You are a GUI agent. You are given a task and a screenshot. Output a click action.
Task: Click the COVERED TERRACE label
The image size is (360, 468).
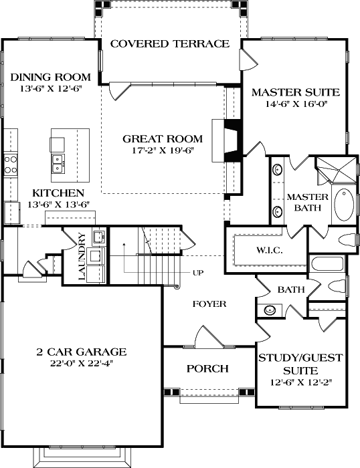click(x=169, y=44)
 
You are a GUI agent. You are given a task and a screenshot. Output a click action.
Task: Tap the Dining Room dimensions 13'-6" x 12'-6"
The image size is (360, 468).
click(x=46, y=89)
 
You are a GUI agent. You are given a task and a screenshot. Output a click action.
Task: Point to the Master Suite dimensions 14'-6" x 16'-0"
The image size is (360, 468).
click(x=295, y=104)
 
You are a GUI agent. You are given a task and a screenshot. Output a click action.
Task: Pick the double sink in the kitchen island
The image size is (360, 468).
click(x=58, y=160)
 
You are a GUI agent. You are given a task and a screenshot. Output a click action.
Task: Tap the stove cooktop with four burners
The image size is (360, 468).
click(x=11, y=164)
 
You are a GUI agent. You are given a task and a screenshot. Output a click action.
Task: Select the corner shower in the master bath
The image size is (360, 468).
click(x=337, y=170)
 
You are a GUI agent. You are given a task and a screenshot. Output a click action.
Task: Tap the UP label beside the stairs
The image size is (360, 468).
click(x=198, y=273)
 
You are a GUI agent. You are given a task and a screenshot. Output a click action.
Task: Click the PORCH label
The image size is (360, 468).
click(x=207, y=368)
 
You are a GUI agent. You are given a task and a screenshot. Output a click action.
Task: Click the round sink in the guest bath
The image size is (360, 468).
click(x=270, y=310)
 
